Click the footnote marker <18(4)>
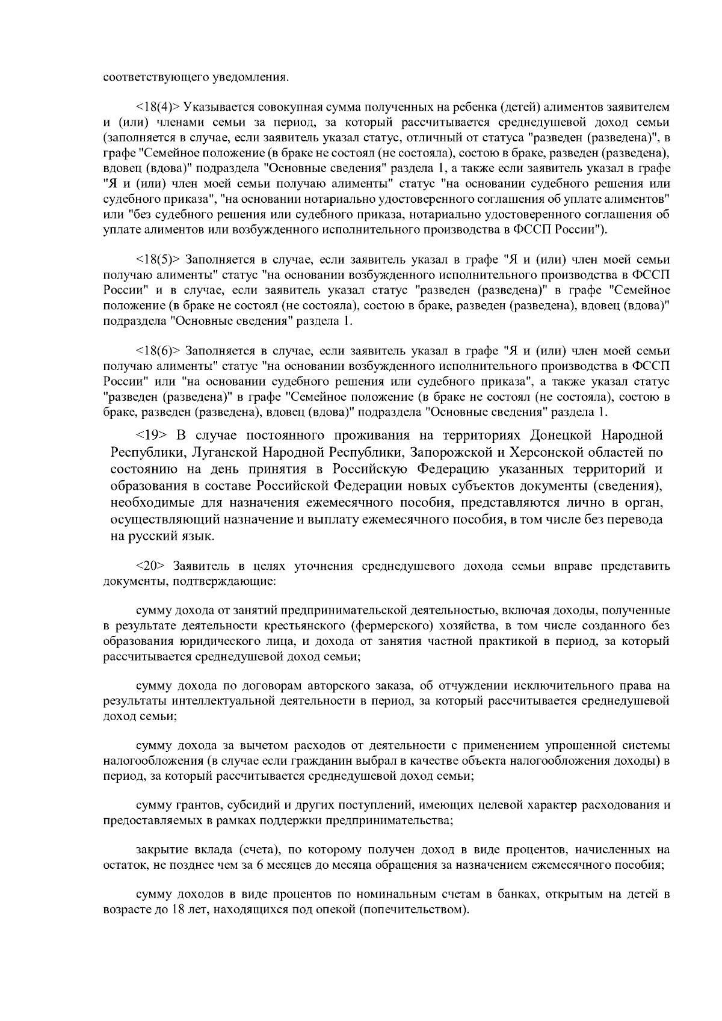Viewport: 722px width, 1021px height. coord(158,107)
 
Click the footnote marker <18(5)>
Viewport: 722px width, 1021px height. coord(158,260)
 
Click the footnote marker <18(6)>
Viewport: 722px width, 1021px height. coord(158,350)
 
